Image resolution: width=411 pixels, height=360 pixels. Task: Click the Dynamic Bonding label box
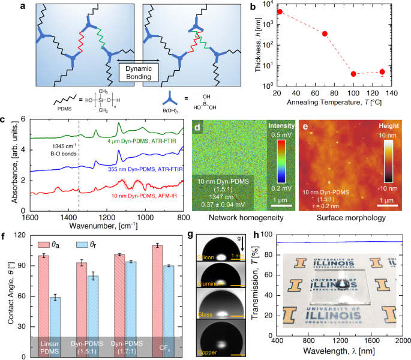click(138, 73)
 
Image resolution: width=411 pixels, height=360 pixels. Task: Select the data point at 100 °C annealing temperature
click(353, 74)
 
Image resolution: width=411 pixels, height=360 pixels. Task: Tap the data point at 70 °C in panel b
click(325, 34)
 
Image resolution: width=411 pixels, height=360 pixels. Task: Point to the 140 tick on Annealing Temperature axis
click(391, 94)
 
